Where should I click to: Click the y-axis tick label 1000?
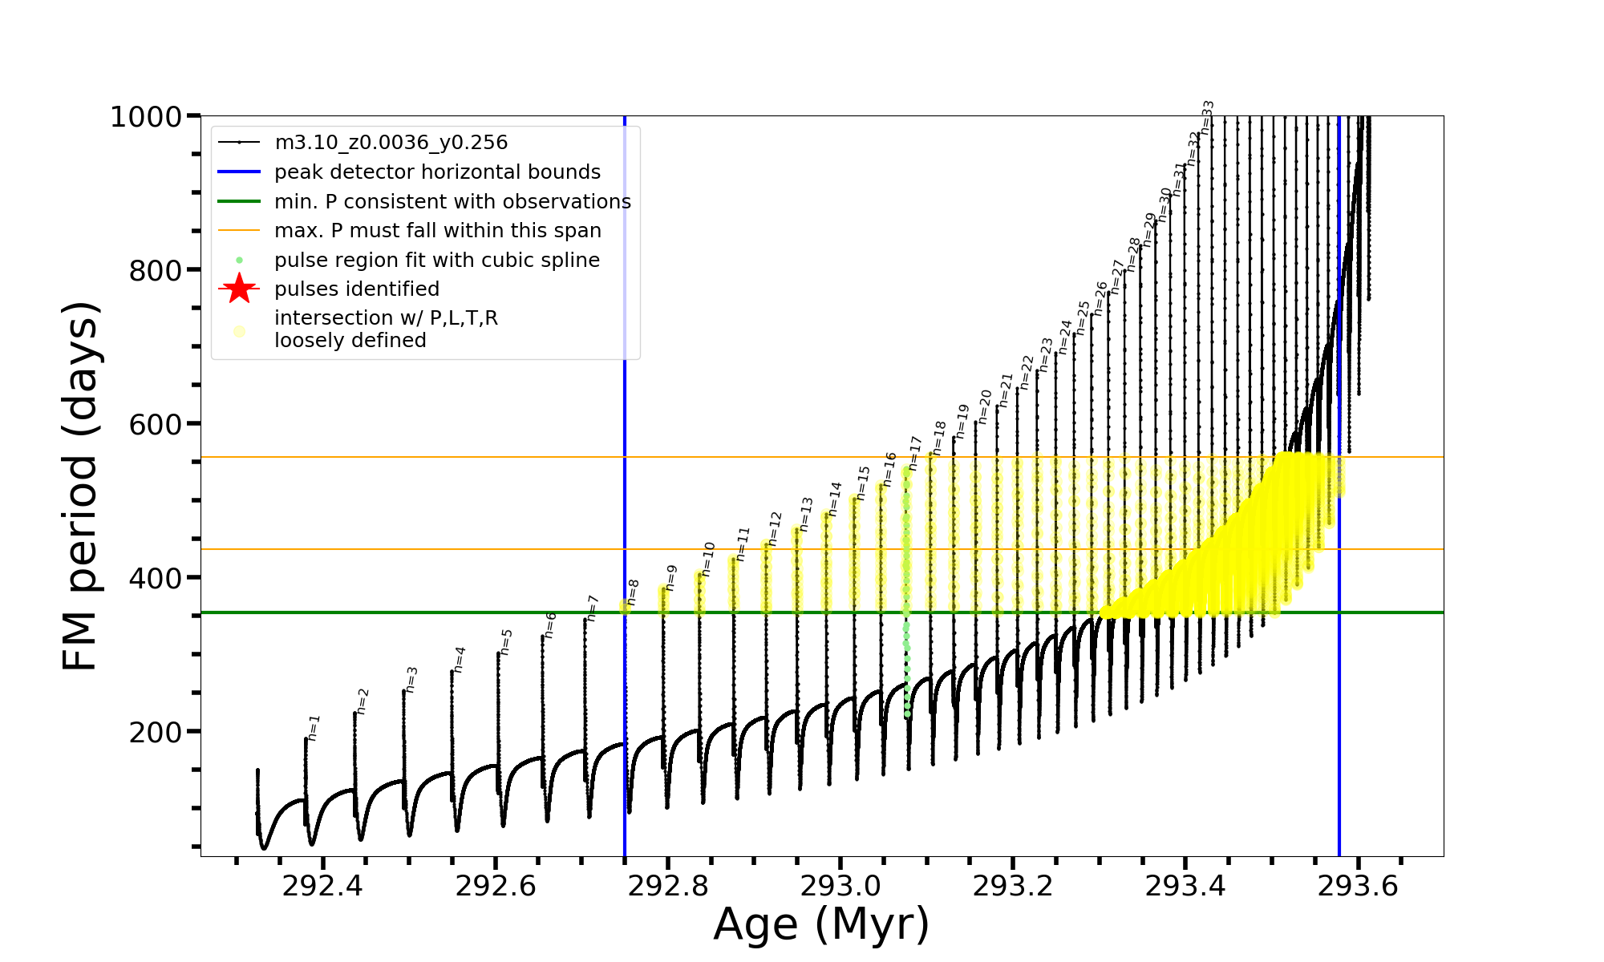(145, 117)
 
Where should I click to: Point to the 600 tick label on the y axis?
(156, 424)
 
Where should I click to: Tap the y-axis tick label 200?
(156, 732)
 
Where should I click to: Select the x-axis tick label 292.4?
(322, 887)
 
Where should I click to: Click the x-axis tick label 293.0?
(840, 887)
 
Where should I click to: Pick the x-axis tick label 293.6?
(1358, 887)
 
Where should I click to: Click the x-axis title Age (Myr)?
(821, 924)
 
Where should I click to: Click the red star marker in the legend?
(239, 289)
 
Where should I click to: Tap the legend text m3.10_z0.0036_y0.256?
(391, 143)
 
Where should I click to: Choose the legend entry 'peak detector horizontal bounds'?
(437, 172)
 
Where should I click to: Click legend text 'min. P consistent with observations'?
(452, 201)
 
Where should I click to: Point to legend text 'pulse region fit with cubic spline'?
(436, 261)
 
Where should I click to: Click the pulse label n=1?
(314, 728)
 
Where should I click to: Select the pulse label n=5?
(506, 642)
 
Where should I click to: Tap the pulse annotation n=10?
(708, 559)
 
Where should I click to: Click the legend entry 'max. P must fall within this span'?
(437, 231)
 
